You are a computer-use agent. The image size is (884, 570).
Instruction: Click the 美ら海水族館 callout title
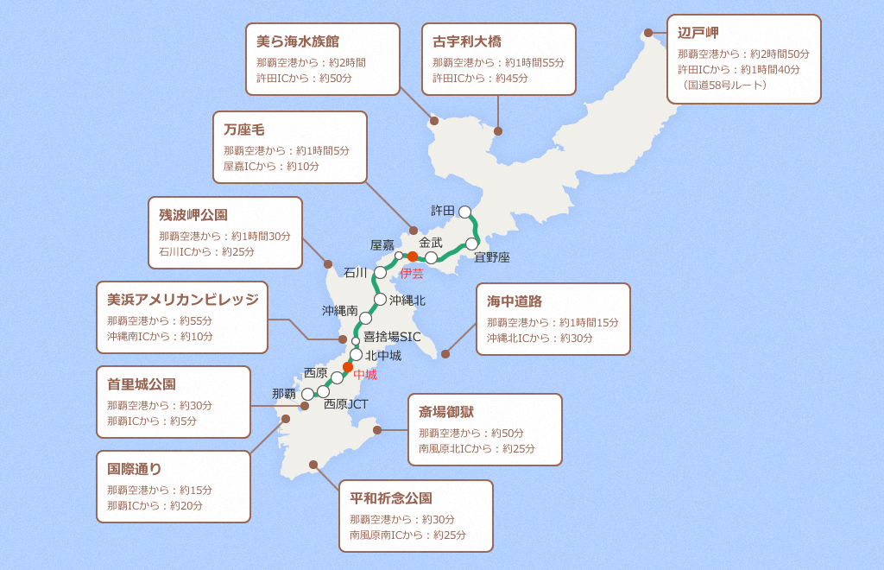coord(298,41)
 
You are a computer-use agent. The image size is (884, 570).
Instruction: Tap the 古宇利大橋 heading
coord(467,41)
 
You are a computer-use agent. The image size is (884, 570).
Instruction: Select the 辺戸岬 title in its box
coord(698,33)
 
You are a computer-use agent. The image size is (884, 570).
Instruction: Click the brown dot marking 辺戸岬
coord(648,33)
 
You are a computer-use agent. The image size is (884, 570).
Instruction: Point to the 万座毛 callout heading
coord(243,130)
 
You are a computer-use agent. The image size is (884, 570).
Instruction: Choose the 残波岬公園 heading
coord(193,215)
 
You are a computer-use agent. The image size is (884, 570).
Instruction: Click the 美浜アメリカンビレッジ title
coord(183,300)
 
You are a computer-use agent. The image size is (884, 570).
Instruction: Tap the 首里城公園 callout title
coord(142,384)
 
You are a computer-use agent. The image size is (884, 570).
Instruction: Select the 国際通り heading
coord(135,469)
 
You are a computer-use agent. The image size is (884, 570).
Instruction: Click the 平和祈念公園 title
coord(391,498)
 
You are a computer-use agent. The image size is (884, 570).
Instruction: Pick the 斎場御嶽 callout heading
coord(446,412)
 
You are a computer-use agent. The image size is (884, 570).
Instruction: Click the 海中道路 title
coord(515,301)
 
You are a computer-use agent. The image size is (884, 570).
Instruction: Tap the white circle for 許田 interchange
coord(465,212)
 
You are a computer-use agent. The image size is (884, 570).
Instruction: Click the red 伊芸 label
coord(412,274)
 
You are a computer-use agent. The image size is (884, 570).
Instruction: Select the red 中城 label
coord(365,375)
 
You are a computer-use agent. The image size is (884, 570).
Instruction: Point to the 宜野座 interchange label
coord(492,257)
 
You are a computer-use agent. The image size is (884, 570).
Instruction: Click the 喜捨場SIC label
coord(392,337)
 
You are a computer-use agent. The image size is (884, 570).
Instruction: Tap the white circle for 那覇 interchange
coord(307,394)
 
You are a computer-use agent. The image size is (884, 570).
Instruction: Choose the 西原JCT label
coord(346,404)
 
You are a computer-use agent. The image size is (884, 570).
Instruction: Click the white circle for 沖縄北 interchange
coord(380,299)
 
